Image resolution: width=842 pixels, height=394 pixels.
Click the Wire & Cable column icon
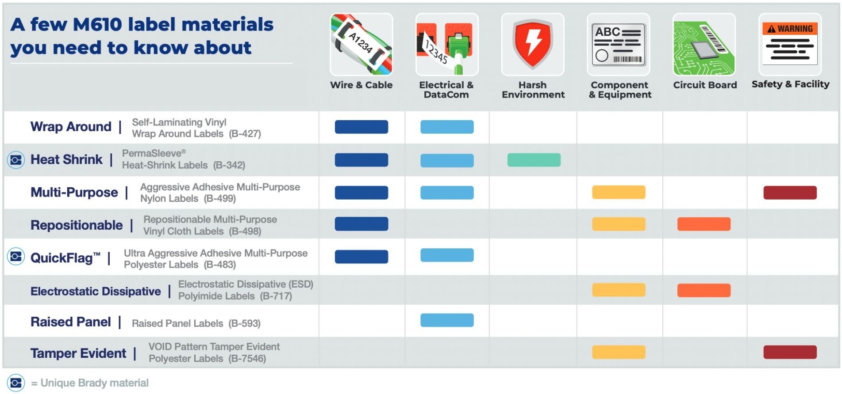point(361,44)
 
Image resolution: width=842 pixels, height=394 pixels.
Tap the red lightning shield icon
point(532,44)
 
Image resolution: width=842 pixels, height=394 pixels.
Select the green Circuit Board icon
point(704,44)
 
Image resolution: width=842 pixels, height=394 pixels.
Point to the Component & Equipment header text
point(619,90)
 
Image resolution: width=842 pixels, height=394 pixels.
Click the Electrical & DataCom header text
point(446,90)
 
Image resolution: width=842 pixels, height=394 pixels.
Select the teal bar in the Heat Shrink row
point(534,160)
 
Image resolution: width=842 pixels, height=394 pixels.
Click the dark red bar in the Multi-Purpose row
point(790,193)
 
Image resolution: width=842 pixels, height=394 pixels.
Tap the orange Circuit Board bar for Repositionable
point(704,224)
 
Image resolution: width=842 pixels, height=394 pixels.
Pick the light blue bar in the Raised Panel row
point(447,320)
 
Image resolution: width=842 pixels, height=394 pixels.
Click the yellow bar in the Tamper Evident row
point(619,352)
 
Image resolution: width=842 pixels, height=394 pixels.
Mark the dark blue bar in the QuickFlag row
point(361,257)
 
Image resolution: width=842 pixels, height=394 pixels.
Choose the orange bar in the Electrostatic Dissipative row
point(704,290)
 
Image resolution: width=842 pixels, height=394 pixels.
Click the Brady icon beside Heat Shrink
point(16,160)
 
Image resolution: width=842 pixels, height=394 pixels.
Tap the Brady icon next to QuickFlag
point(16,257)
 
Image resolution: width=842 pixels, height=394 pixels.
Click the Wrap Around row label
point(71,127)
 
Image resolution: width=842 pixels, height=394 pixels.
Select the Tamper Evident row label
point(78,353)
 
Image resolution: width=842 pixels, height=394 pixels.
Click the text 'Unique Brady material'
point(94,383)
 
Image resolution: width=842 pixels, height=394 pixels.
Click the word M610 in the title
point(97,25)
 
